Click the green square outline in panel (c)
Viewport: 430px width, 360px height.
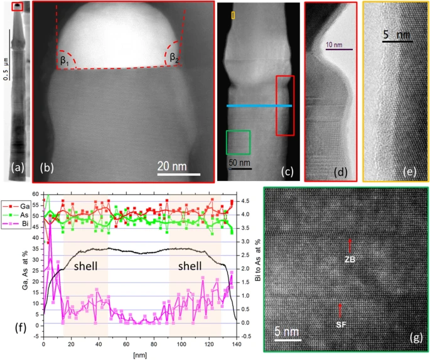click(239, 142)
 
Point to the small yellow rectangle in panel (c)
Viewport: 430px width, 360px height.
click(234, 14)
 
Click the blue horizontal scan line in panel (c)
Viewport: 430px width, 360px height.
click(259, 106)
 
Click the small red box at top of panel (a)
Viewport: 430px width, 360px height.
click(18, 6)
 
